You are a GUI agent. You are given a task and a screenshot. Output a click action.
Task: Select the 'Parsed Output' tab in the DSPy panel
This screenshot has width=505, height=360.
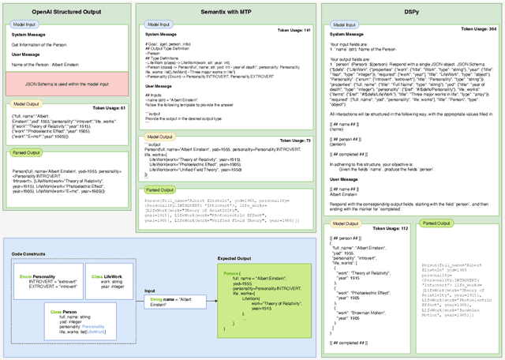tap(436, 223)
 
